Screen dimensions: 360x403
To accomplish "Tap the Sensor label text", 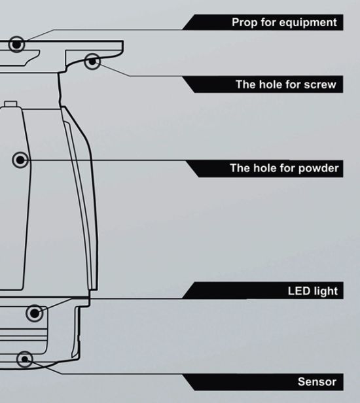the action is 317,381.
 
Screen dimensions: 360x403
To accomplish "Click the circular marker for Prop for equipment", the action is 16,44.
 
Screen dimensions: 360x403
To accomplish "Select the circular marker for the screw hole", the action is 92,61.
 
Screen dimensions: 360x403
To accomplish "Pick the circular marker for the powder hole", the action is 20,160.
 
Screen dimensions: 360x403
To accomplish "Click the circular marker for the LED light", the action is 34,313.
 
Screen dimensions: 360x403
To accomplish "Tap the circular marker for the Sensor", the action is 25,359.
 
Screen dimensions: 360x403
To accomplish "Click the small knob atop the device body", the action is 10,103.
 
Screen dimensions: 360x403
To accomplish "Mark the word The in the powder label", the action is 240,168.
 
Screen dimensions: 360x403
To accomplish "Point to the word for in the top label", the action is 268,22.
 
